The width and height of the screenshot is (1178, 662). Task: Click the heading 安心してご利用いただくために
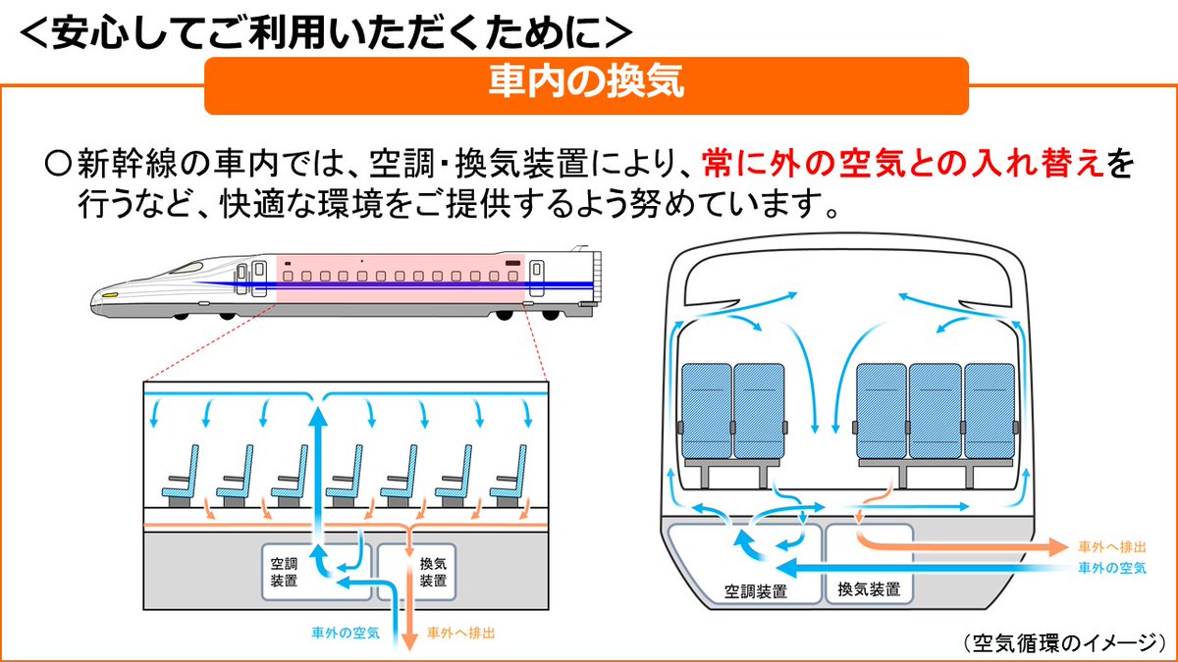[x=324, y=28]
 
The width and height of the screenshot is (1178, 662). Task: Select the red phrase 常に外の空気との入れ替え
[x=903, y=162]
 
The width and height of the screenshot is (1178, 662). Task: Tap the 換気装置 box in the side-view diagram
[x=433, y=572]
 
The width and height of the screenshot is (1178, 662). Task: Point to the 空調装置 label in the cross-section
[x=755, y=591]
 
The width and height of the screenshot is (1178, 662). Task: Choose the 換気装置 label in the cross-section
[x=869, y=589]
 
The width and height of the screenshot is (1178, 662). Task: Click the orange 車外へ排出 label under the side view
[x=461, y=633]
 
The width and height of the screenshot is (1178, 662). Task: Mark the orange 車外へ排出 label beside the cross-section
[x=1111, y=546]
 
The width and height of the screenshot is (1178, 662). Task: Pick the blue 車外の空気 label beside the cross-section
[x=1111, y=568]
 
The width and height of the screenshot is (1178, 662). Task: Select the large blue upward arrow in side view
[x=317, y=471]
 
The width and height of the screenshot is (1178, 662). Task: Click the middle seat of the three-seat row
[x=935, y=412]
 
